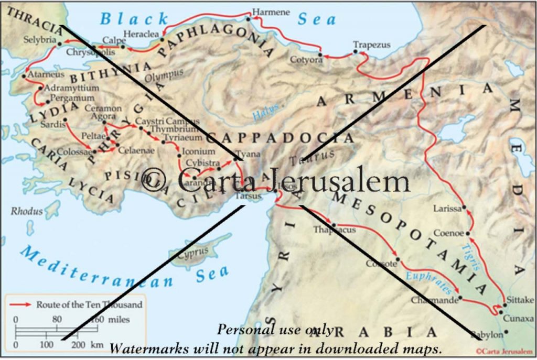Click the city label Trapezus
pyautogui.click(x=371, y=45)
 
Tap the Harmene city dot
pyautogui.click(x=249, y=19)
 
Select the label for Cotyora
pyautogui.click(x=306, y=60)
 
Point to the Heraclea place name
pyautogui.click(x=141, y=34)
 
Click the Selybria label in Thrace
pyautogui.click(x=40, y=40)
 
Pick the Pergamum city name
pyautogui.click(x=73, y=98)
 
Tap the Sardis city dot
pyautogui.click(x=66, y=120)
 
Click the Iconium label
pyautogui.click(x=198, y=151)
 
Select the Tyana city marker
pyautogui.click(x=236, y=156)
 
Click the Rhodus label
pyautogui.click(x=27, y=212)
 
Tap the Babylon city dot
pyautogui.click(x=506, y=332)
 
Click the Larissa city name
pyautogui.click(x=447, y=209)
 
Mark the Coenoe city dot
pyautogui.click(x=468, y=234)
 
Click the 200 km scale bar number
pyautogui.click(x=78, y=345)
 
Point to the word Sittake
pyautogui.click(x=520, y=300)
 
